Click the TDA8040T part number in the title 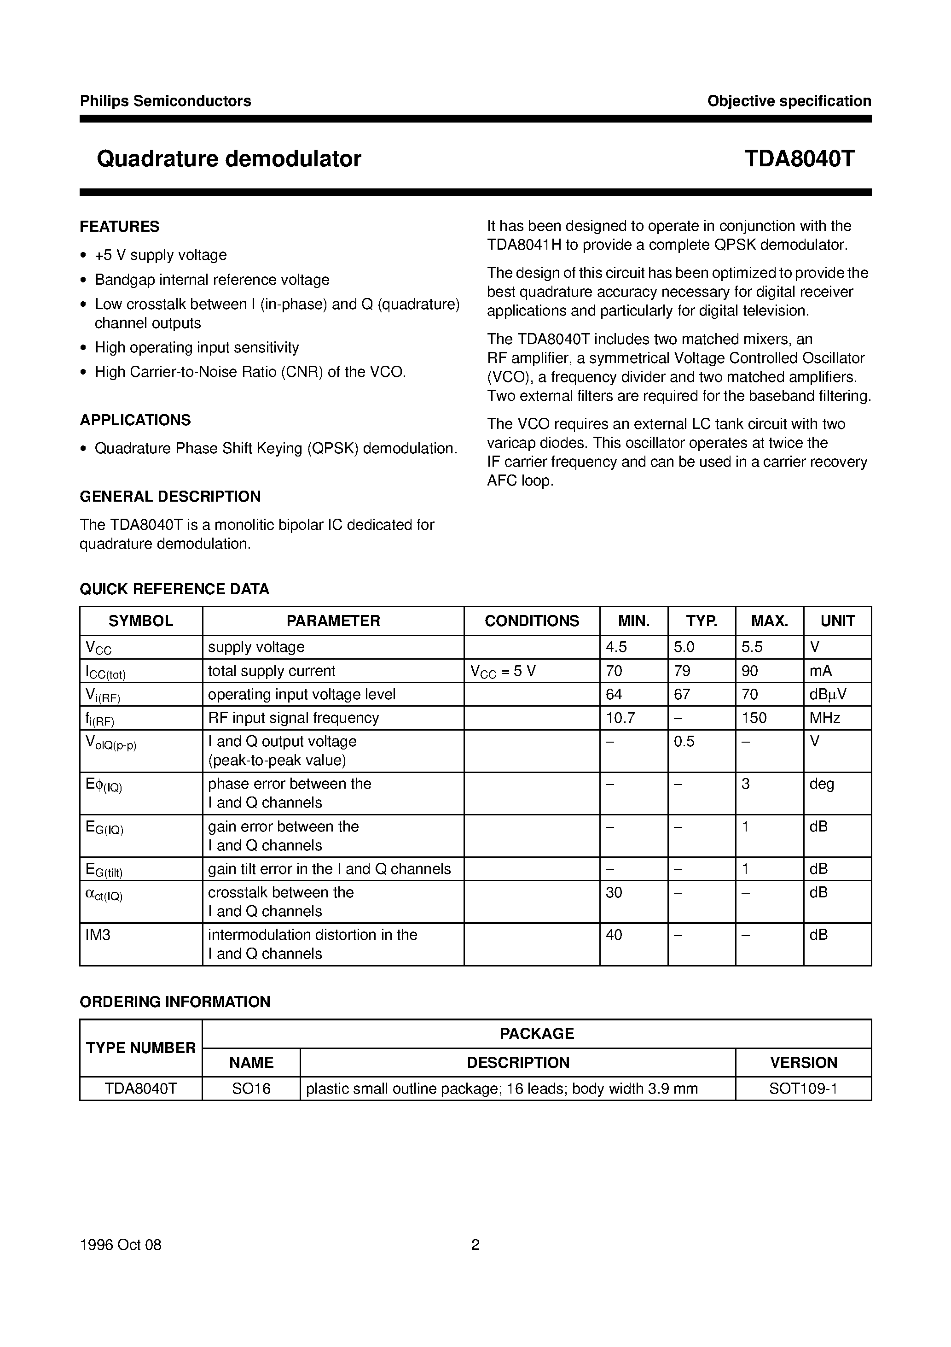click(x=799, y=159)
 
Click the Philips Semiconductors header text click(x=165, y=101)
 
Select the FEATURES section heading click(x=120, y=227)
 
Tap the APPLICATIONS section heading click(x=135, y=420)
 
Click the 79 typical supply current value click(x=683, y=671)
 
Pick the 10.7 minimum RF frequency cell click(x=620, y=718)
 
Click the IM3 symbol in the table click(x=98, y=935)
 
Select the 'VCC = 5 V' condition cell click(x=503, y=671)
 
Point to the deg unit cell click(x=822, y=784)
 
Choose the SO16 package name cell click(x=251, y=1089)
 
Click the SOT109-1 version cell click(x=803, y=1089)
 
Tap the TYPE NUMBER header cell click(x=141, y=1048)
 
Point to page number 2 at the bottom click(x=475, y=1245)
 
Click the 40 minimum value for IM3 click(x=614, y=935)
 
